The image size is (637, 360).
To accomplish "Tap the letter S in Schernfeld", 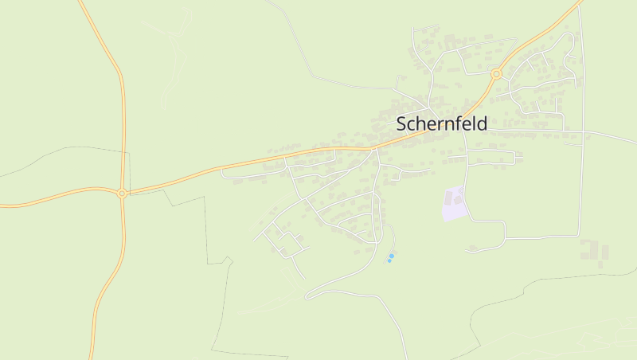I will (402, 124).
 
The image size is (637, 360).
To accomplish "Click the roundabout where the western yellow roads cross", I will (122, 193).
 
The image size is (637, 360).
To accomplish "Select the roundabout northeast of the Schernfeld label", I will (496, 74).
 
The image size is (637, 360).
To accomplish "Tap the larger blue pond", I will (392, 256).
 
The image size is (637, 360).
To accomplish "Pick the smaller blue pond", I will (389, 260).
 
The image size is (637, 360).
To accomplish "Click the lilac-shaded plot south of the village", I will (453, 204).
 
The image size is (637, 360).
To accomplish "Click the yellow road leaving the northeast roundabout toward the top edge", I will (541, 36).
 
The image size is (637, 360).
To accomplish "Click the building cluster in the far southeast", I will (594, 252).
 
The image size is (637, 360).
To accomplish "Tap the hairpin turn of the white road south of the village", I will (308, 295).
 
